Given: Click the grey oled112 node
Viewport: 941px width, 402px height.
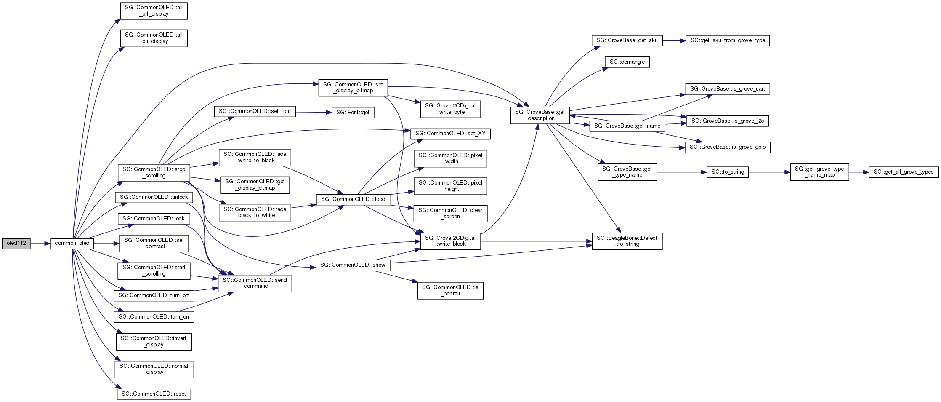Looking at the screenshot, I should tap(16, 243).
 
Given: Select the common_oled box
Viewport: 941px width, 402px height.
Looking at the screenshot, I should tap(72, 243).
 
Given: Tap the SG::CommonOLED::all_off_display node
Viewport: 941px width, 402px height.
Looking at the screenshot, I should tap(154, 11).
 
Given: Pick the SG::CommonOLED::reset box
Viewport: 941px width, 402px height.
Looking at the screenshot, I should tap(154, 394).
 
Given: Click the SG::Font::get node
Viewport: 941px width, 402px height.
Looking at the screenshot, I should tap(353, 113).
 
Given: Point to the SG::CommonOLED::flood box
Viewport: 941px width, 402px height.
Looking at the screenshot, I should tap(353, 199).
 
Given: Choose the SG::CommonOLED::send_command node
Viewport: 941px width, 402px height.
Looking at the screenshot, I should tap(255, 283).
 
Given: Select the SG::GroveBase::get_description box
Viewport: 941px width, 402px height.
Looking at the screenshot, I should tap(540, 115).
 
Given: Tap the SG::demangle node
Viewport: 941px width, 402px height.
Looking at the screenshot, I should tap(627, 62).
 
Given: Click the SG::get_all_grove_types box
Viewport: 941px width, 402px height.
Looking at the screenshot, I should tap(904, 172).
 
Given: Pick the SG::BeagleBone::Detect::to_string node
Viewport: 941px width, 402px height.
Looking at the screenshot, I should tap(627, 241).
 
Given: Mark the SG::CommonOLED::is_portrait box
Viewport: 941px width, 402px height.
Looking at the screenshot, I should tap(450, 290).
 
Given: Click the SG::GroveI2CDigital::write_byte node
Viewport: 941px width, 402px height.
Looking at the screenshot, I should tap(450, 109).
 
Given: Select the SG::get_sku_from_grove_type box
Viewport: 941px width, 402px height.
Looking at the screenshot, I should tap(727, 40).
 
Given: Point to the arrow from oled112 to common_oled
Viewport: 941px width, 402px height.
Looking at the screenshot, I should tap(40, 244).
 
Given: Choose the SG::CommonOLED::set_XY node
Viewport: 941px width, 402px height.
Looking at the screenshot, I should tap(450, 134).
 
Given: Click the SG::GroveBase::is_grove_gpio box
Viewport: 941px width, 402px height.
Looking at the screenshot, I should tap(727, 147).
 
